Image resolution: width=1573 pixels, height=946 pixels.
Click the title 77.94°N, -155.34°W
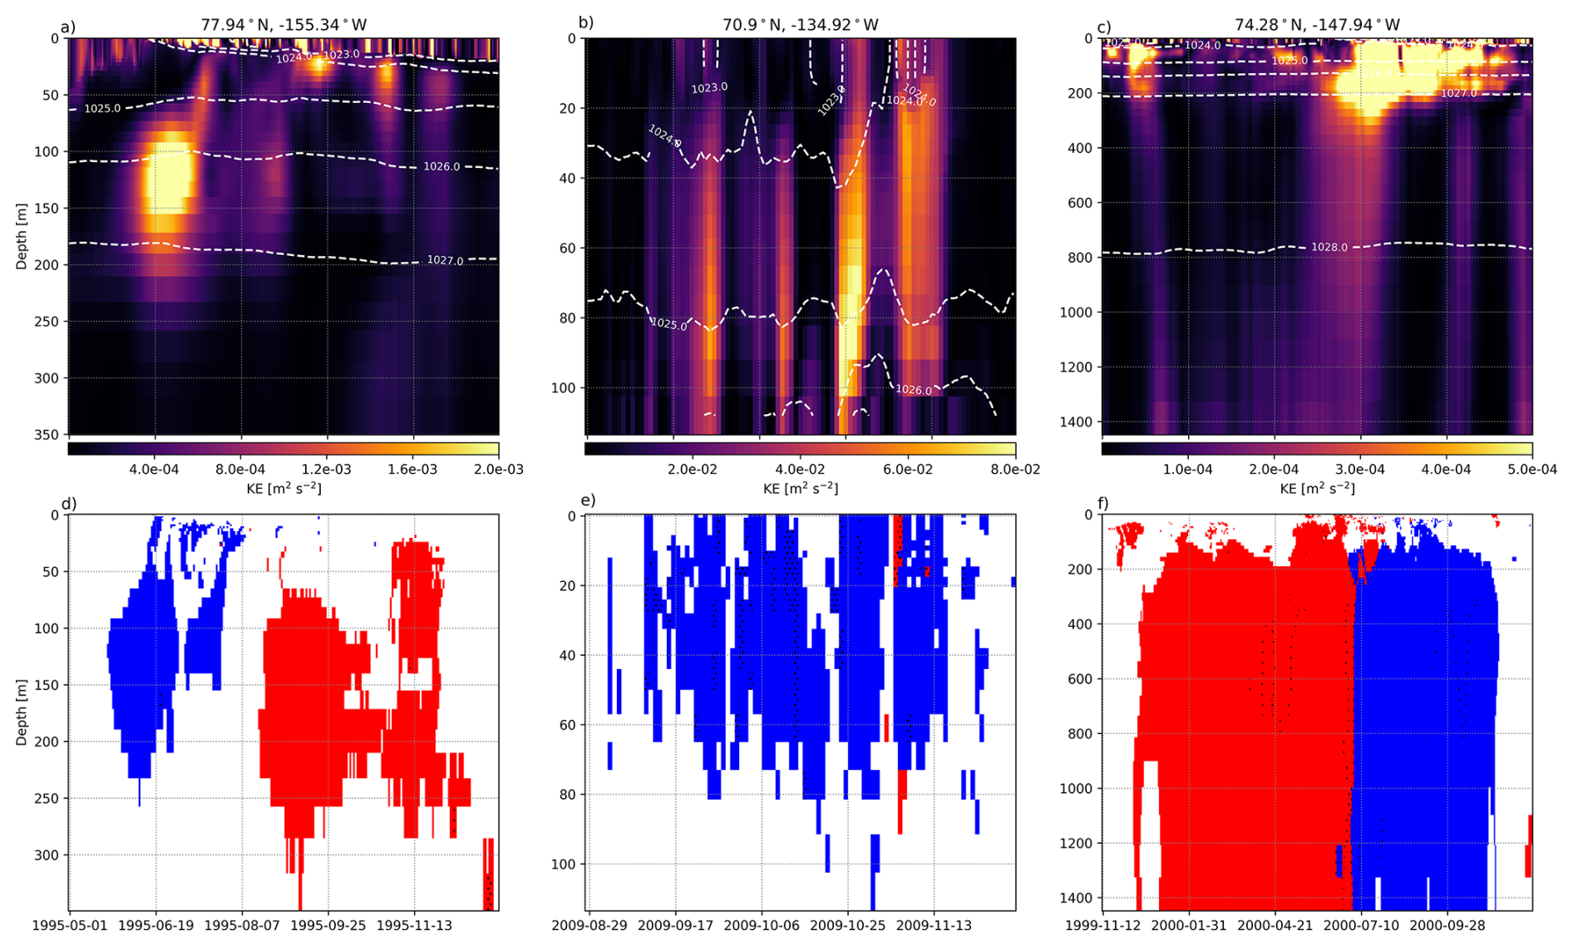(284, 25)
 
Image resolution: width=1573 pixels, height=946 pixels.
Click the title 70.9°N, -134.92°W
(800, 25)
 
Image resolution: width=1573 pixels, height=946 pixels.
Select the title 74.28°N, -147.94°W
(1317, 25)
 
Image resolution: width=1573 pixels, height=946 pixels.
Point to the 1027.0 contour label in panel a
(445, 260)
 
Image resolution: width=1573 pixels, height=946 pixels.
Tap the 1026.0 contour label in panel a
(441, 166)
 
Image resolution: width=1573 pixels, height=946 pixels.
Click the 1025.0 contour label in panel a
(102, 108)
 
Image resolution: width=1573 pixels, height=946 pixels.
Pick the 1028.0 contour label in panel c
(1329, 247)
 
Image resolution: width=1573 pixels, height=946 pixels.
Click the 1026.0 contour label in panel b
(914, 390)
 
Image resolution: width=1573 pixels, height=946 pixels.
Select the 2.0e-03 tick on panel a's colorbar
(499, 470)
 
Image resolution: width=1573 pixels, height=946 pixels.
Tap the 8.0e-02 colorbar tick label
(1015, 470)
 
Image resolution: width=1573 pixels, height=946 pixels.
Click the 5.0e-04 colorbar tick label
(1532, 470)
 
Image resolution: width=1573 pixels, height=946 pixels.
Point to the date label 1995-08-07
(241, 925)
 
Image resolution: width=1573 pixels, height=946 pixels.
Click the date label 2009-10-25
(846, 925)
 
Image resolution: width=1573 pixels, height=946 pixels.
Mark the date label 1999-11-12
(1103, 925)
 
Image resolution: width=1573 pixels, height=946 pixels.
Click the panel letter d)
(69, 504)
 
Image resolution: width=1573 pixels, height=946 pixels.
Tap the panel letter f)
(1103, 504)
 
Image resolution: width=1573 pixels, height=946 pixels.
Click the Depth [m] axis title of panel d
(21, 712)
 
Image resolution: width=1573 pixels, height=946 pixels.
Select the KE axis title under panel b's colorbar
(800, 489)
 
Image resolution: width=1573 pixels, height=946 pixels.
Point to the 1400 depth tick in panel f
(1078, 898)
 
